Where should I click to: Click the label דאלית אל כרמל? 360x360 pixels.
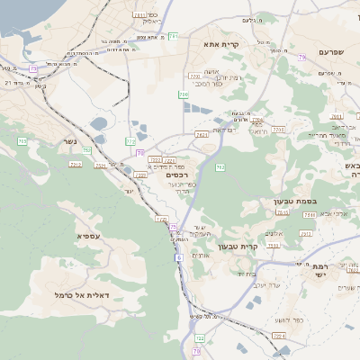coord(81,294)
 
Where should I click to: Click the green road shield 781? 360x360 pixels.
coord(172,36)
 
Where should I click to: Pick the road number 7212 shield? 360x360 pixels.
coord(76,165)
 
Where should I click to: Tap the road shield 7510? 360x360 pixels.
coord(283,213)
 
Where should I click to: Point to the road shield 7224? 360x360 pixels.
coord(160,220)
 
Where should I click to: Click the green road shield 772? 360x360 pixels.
coord(131,141)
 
